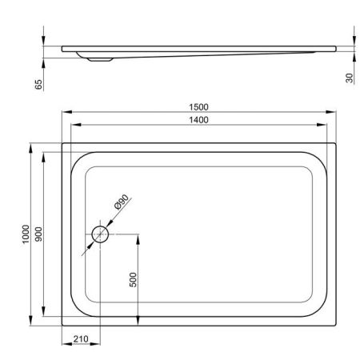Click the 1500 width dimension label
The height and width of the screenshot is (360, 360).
(198, 107)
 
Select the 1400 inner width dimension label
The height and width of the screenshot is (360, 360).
(198, 120)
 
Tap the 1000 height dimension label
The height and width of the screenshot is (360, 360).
(26, 234)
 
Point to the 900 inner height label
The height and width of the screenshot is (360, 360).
(39, 234)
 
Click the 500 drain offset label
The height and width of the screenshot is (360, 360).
(133, 280)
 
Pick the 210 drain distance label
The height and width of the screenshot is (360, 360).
(81, 339)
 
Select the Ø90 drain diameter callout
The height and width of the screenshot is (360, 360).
(122, 202)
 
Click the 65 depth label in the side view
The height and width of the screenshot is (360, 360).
(38, 84)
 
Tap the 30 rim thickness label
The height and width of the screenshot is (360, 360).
(350, 78)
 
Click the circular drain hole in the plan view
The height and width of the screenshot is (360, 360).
(100, 234)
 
